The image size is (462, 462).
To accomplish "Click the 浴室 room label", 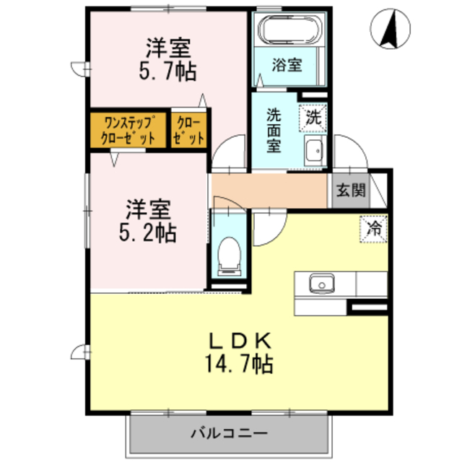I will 287,66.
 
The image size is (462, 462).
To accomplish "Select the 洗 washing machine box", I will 314,116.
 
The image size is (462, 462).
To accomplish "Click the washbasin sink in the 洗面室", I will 314,152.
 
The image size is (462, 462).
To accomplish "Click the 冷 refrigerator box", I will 375,229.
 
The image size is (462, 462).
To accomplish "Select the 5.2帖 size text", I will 148,232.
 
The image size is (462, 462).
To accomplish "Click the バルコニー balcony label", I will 230,434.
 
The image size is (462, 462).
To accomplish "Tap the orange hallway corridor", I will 271,191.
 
